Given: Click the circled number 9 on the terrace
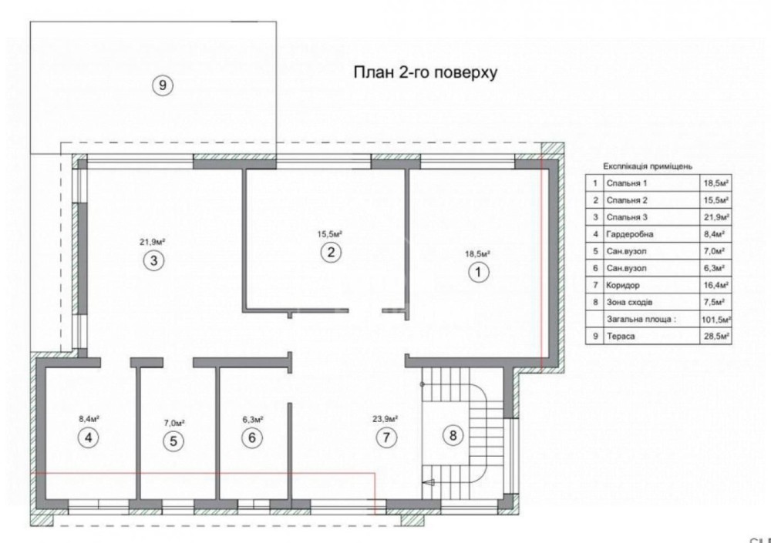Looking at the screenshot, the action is tap(162, 85).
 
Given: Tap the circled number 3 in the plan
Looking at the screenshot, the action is tap(153, 260).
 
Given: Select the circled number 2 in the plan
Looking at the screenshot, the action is tap(331, 252).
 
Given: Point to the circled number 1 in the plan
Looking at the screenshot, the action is tap(479, 272).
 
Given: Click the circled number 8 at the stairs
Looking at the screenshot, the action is tap(453, 435).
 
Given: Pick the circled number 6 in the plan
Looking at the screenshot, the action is tap(252, 437).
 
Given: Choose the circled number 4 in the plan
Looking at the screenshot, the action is tap(89, 437).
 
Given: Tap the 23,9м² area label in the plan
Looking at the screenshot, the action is tap(385, 419).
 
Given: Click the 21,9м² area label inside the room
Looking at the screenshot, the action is tap(153, 242).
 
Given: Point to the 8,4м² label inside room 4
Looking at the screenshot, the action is tap(89, 419).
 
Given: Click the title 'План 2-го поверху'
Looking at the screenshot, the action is tap(426, 72).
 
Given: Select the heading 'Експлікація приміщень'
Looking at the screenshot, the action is tap(648, 166).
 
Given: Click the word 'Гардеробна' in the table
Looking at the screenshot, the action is tap(630, 234).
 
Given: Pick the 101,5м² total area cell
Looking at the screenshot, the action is tap(716, 320).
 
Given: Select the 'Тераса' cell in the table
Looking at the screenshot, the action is tap(621, 337).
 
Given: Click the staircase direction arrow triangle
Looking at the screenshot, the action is tap(429, 483).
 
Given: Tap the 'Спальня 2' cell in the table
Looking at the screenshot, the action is tap(627, 200).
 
